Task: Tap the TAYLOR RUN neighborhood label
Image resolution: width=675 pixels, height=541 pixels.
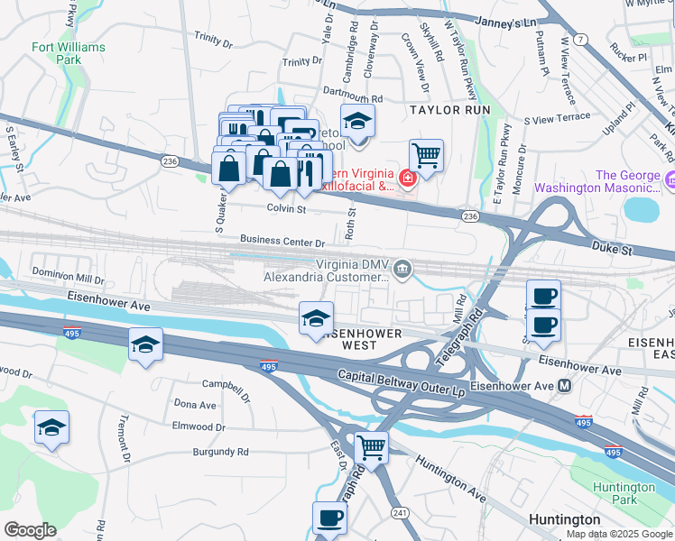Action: point(449,109)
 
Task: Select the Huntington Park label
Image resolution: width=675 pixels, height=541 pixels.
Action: point(624,493)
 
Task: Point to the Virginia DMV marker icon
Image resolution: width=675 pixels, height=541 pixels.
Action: point(402,266)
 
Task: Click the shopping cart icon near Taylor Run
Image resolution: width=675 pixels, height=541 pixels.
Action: point(426,156)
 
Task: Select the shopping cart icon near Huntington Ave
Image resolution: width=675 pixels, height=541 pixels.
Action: point(371,446)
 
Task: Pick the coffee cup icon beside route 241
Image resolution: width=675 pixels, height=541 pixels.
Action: point(329,518)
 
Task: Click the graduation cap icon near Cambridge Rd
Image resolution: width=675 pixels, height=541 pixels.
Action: point(357,121)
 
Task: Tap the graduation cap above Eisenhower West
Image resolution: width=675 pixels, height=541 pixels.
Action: point(316,318)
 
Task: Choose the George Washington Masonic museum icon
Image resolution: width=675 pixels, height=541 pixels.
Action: point(668,181)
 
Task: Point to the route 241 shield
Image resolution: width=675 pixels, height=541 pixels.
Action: point(397,512)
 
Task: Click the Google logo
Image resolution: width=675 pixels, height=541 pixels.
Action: point(30,530)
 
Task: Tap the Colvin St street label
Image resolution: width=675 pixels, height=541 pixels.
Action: point(287,208)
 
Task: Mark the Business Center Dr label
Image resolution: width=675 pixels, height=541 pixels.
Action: point(282,242)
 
